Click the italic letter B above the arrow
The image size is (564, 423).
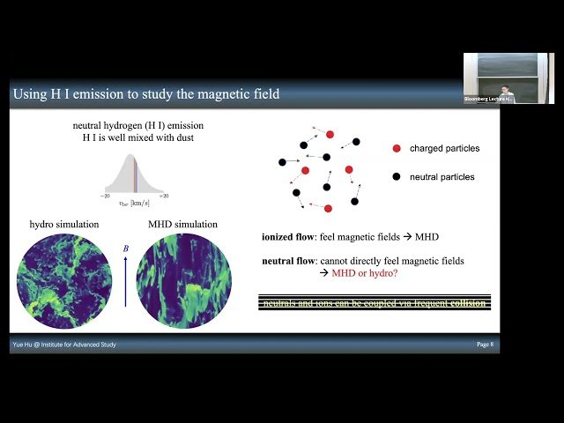pyautogui.click(x=125, y=249)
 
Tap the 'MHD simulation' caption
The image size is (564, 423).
pyautogui.click(x=184, y=225)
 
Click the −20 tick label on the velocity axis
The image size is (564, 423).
pyautogui.click(x=105, y=195)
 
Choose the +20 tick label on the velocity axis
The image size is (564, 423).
pyautogui.click(x=164, y=195)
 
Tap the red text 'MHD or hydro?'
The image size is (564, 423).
pyautogui.click(x=360, y=274)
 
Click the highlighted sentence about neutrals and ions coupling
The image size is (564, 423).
pyautogui.click(x=374, y=302)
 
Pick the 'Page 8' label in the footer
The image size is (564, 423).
pyautogui.click(x=485, y=345)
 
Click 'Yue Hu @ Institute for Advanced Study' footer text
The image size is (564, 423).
pyautogui.click(x=64, y=345)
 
